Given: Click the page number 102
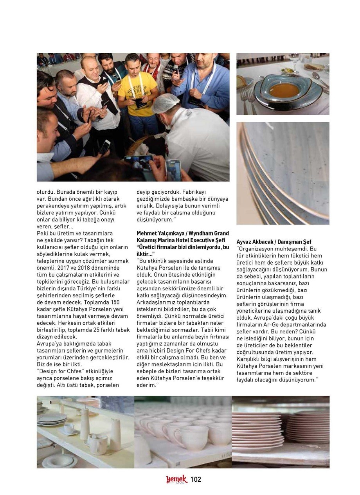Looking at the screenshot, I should point(196,479).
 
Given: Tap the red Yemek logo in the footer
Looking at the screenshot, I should point(176,479).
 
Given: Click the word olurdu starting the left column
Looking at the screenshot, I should point(46,192).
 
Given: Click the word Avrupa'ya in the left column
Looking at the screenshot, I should point(50,344).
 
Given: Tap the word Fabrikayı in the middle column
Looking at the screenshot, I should point(193,192).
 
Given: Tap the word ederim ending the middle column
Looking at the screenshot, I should point(146,385).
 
